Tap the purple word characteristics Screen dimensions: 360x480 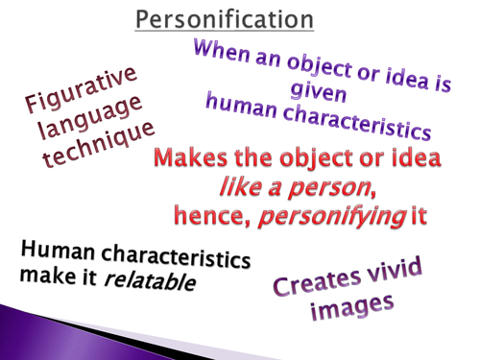357,121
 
